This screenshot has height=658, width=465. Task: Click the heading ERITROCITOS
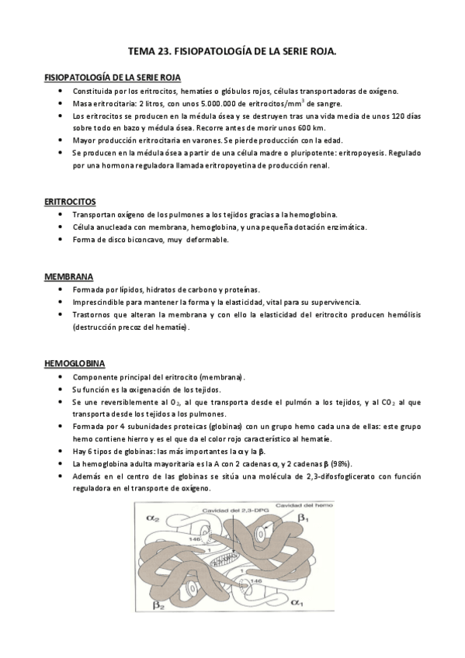[x=70, y=201]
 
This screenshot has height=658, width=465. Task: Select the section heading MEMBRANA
[x=68, y=276]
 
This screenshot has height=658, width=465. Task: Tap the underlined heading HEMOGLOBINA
[x=75, y=363]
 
